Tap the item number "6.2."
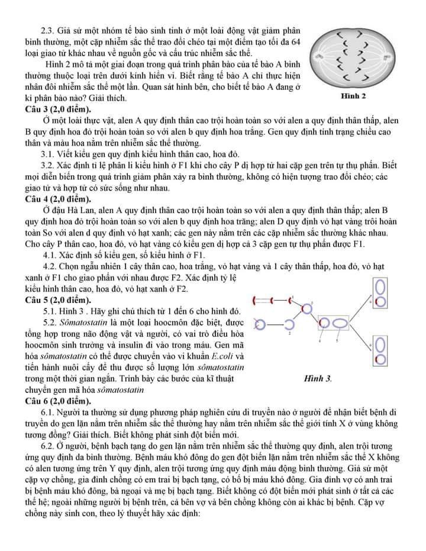[49, 446]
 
